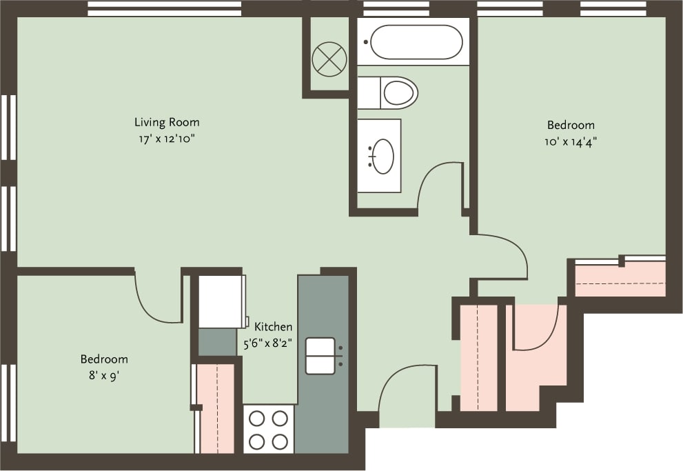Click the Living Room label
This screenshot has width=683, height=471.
[x=167, y=123]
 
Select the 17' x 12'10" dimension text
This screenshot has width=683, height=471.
[x=167, y=139]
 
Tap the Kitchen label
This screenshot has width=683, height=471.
[x=274, y=327]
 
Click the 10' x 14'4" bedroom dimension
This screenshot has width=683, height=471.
[x=571, y=142]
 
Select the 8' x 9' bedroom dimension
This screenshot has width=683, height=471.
[x=104, y=376]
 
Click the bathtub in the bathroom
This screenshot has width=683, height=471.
[x=416, y=42]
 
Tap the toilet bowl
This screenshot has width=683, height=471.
[x=400, y=92]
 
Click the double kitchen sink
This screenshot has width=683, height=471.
[x=320, y=356]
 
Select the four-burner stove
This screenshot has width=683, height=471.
[x=269, y=429]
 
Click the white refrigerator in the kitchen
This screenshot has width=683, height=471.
[x=221, y=301]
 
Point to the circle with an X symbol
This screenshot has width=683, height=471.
[x=328, y=58]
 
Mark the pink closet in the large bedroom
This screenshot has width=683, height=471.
[x=620, y=281]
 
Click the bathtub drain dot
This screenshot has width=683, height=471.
[x=366, y=42]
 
